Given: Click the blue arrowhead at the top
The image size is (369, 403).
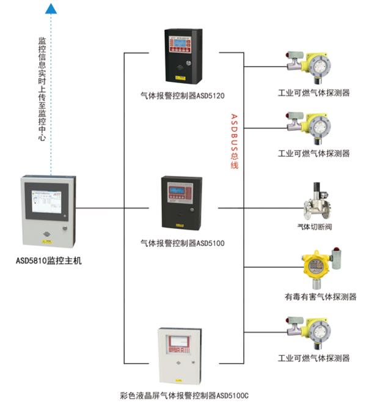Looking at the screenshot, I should pos(52,7).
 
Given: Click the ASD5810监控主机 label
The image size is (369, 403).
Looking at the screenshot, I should pos(49,260).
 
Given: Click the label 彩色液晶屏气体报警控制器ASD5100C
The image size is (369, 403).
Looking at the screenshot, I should pos(182,396).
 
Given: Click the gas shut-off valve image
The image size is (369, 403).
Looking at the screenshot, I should pos(315,201).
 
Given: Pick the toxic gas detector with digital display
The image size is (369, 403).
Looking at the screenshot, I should pos(314,267).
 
